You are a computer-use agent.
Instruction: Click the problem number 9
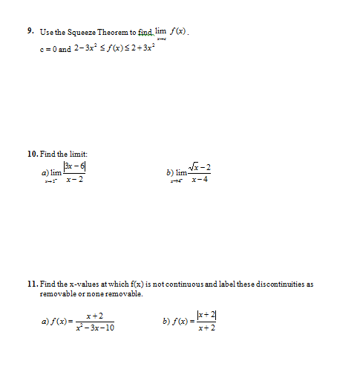click(30, 32)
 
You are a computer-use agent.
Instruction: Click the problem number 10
click(33, 153)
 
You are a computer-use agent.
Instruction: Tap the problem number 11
click(32, 284)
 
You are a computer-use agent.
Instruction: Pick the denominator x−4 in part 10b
click(199, 180)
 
